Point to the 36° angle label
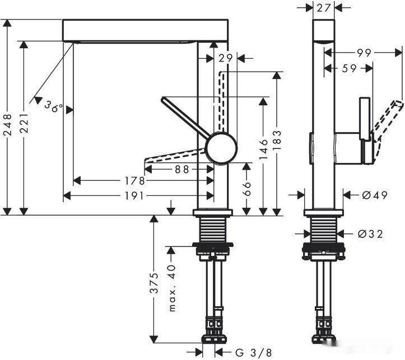click(x=54, y=106)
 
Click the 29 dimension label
click(x=226, y=58)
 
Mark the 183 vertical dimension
click(x=277, y=143)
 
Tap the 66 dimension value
click(x=246, y=189)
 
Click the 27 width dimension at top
click(x=323, y=7)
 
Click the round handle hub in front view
click(x=221, y=148)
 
